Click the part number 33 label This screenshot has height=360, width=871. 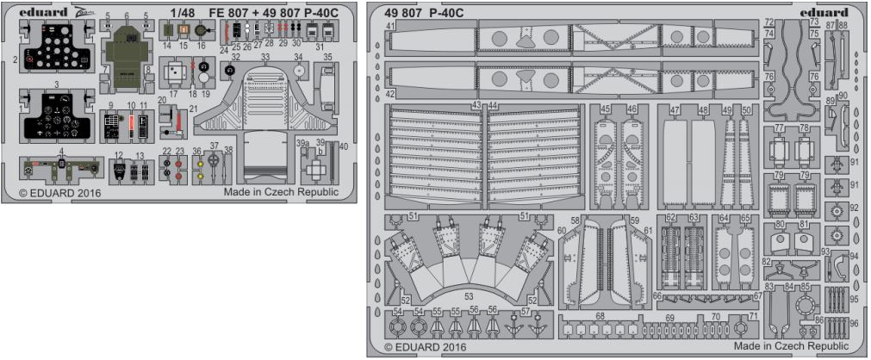[266, 58]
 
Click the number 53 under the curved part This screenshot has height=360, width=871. [468, 295]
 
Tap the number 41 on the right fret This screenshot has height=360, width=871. [390, 26]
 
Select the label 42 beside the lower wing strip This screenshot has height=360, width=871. [390, 93]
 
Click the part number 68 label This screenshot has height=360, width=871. [600, 316]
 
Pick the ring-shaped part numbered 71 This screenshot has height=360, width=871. [740, 329]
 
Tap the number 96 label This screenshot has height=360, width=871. [855, 324]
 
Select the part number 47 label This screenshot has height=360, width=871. [675, 110]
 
